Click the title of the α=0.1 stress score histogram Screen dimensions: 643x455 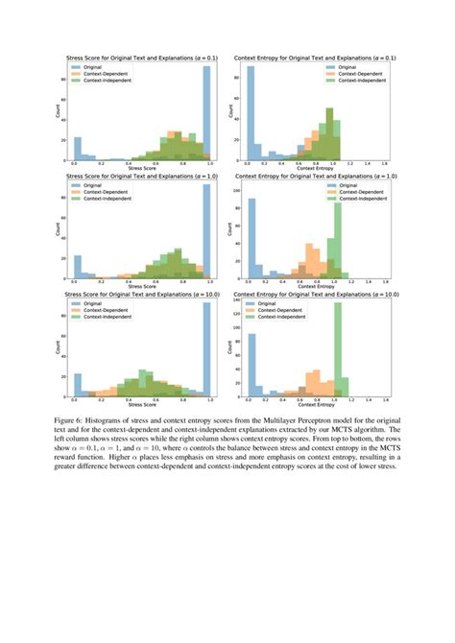[x=140, y=60]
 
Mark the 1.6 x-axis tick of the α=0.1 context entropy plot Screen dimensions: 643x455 [x=383, y=163]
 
